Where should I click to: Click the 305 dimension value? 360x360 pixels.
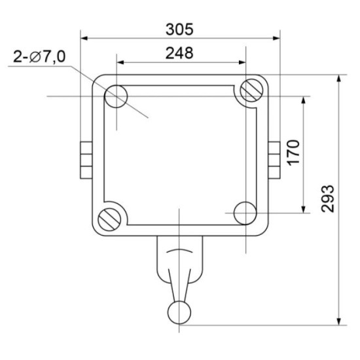179,29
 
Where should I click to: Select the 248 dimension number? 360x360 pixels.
179,53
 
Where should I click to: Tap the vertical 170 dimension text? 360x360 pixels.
294,153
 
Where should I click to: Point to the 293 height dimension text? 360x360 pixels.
327,199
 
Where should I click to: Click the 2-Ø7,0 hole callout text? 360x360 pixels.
39,56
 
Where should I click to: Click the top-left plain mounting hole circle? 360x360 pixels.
116,96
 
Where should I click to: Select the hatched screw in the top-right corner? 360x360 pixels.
251,90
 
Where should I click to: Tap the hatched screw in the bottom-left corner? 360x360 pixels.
109,219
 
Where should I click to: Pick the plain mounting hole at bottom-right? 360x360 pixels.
245,213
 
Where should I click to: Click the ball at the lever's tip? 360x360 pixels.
179,312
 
